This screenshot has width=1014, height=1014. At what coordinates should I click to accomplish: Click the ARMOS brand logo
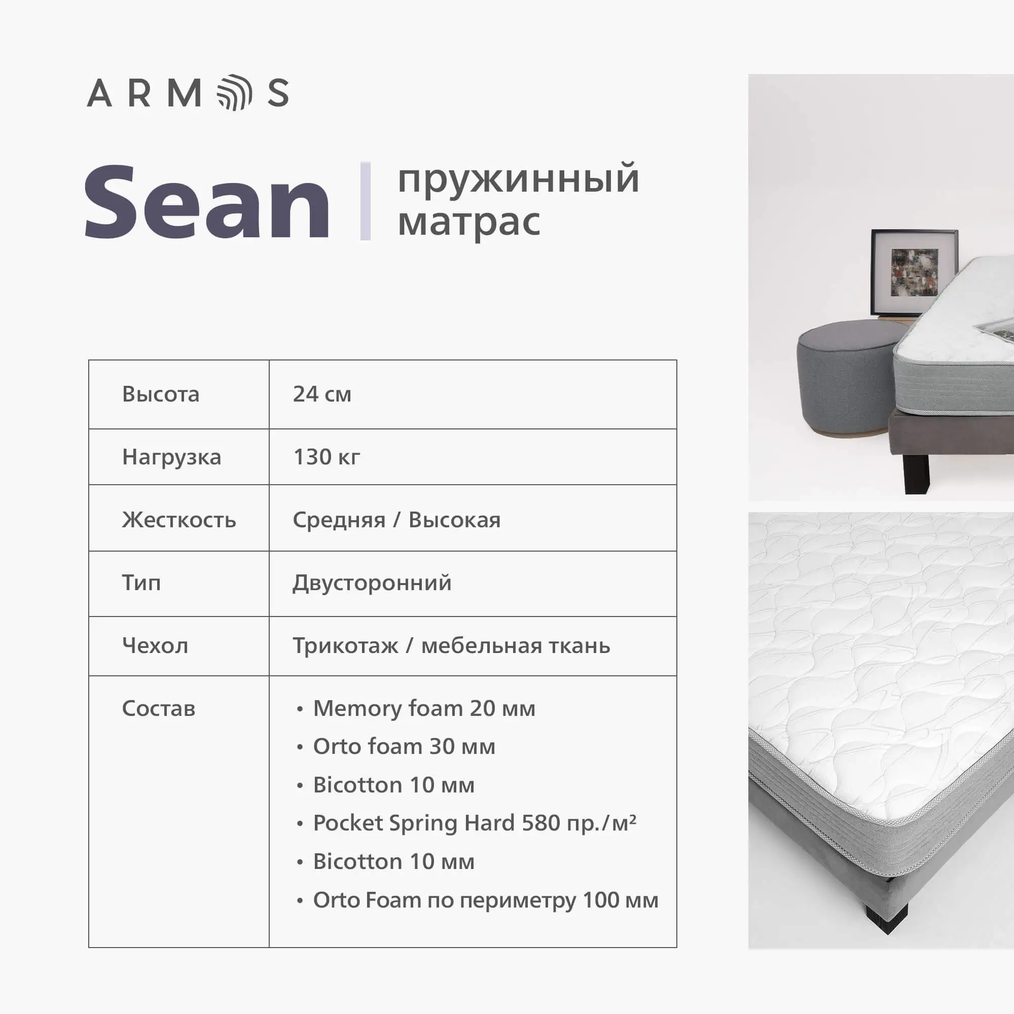[x=188, y=93]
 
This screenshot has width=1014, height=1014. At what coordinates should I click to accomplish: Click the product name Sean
[x=207, y=202]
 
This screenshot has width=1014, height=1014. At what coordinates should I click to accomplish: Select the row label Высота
[x=161, y=394]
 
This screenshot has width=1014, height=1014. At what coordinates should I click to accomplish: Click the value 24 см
[x=322, y=394]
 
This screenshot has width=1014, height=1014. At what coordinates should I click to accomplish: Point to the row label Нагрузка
[x=172, y=458]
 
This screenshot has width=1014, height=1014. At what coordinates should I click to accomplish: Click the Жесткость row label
[x=179, y=520]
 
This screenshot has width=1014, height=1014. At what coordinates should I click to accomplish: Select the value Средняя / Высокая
[x=397, y=520]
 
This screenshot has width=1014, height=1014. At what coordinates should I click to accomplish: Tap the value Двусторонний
[x=372, y=583]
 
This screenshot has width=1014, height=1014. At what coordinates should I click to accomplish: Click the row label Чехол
[x=155, y=645]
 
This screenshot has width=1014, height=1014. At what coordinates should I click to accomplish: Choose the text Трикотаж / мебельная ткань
[x=451, y=646]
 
